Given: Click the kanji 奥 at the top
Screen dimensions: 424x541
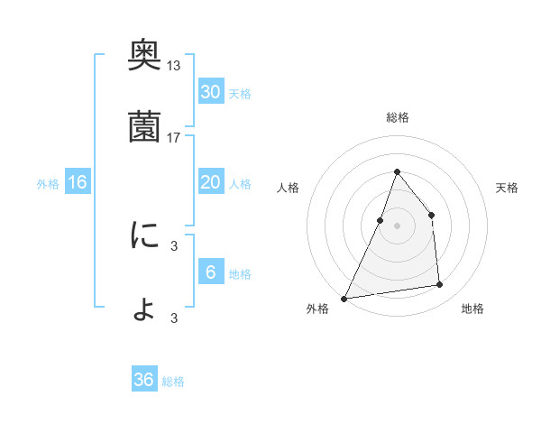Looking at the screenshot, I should coord(145,55).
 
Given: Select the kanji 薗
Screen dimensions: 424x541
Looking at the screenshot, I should coord(145,128).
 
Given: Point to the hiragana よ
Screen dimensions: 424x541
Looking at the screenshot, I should coord(145,309).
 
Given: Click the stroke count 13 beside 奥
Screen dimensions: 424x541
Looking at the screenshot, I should coord(174,65).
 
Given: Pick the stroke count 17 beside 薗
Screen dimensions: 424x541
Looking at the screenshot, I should coord(174,138).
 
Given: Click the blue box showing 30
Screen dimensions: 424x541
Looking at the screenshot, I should coord(211,92).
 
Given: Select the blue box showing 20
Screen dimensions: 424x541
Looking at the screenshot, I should coord(211,182).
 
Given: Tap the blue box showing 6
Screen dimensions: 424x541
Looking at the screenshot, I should coord(211,272).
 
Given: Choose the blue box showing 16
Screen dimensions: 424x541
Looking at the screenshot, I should coord(78,182).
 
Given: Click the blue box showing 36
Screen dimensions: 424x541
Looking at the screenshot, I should coord(144,380).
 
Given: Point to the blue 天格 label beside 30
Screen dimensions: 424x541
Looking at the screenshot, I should coord(240,94).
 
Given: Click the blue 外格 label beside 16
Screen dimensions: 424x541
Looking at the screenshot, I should coord(48,184).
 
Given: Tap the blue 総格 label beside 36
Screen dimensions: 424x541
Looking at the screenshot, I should coord(173,382).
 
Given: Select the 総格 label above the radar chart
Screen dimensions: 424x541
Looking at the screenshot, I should coord(397,117).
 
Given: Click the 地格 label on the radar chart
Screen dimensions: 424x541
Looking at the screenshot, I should coord(472,309).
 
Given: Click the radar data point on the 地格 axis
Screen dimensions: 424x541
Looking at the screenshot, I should coord(440,285).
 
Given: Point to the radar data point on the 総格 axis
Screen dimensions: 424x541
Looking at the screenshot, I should coord(397,171).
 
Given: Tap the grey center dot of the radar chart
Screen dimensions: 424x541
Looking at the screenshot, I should coord(397,226).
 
